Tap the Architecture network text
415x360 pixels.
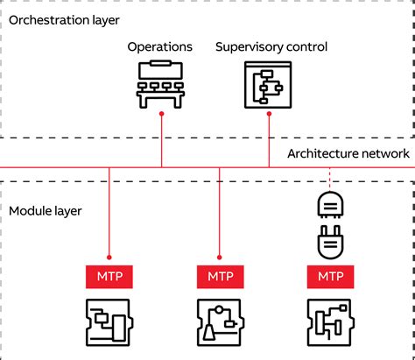348,153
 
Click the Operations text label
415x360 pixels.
161,46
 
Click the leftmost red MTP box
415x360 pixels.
109,276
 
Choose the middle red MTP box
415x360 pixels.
221,276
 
